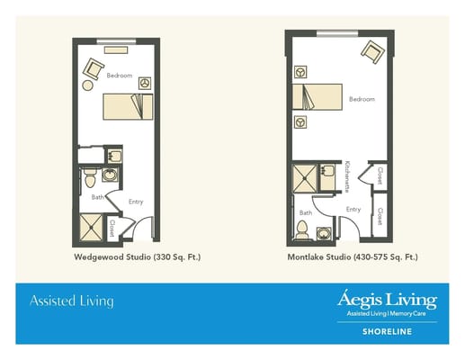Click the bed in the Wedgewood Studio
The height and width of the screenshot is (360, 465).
pos(127,107)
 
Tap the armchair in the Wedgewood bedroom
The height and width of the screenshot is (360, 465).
pos(94,67)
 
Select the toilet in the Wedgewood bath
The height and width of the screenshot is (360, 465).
pos(91,180)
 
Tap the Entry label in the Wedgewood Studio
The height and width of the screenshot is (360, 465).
pos(136,202)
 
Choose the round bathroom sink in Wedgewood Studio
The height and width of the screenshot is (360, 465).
pos(112,173)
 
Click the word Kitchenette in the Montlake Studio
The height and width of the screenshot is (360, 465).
pos(346,176)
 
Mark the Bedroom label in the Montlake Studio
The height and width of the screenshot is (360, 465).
pos(362,98)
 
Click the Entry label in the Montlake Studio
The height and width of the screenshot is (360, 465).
pos(353,209)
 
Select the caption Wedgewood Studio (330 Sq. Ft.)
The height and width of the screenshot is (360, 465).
pos(137,256)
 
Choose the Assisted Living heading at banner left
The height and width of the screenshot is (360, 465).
pos(72,301)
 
